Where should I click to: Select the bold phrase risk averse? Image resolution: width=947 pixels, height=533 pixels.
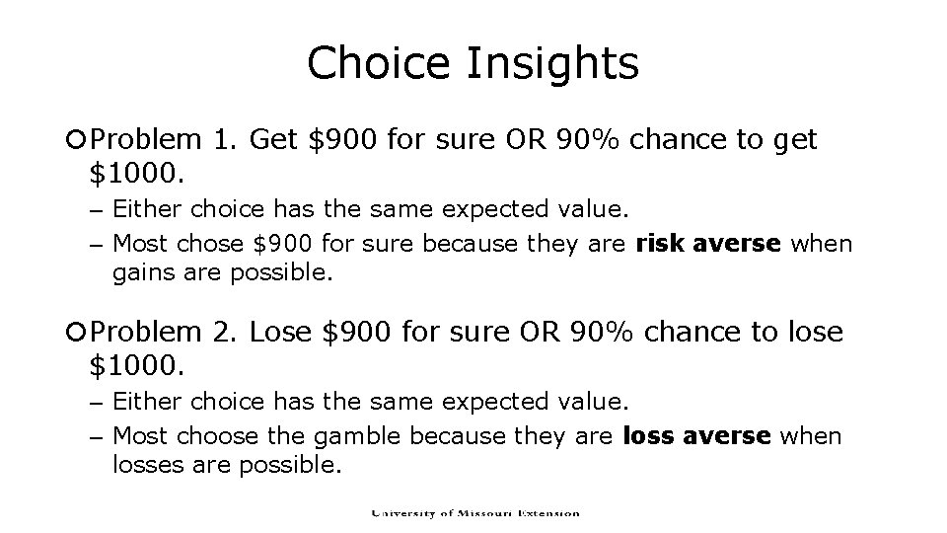point(700,243)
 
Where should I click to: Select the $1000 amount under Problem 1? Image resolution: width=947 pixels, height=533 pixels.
point(135,175)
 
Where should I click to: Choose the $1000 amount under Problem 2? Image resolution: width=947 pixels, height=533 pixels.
point(135,367)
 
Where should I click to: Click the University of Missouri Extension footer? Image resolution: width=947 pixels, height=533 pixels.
point(474,513)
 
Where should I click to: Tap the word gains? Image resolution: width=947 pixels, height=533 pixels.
point(142,272)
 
